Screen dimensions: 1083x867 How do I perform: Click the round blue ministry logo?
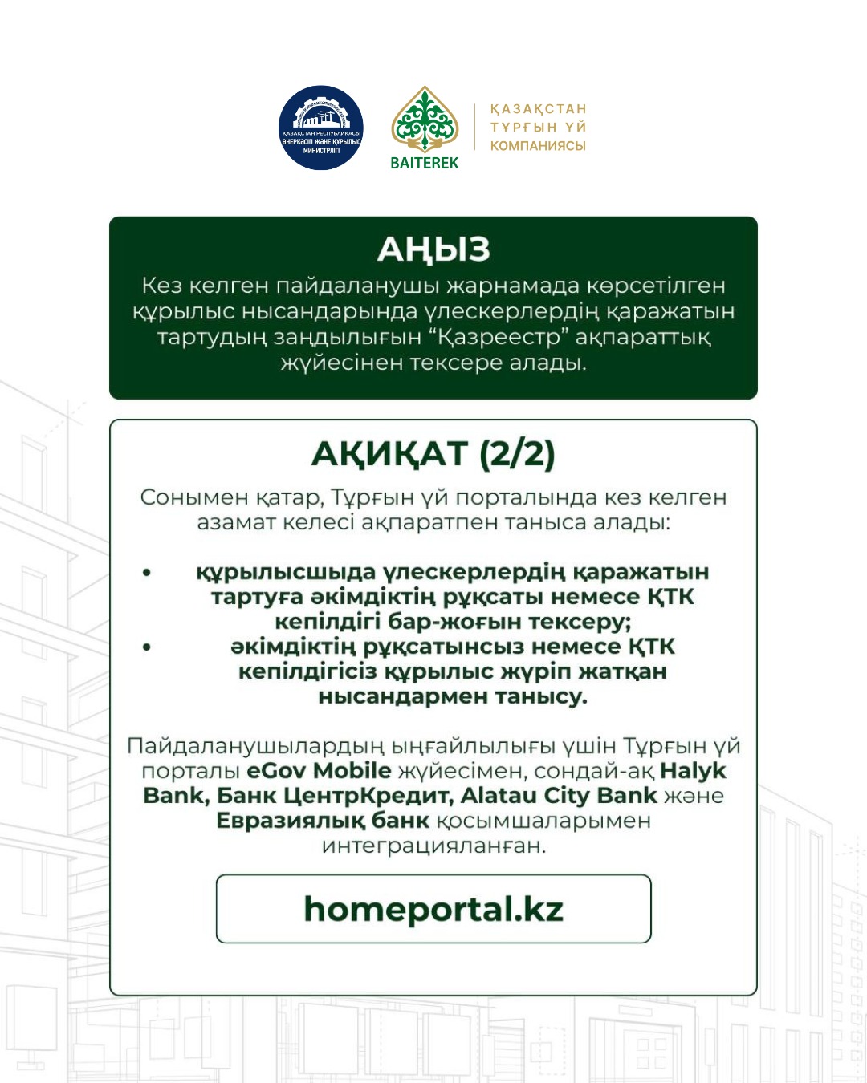[321, 128]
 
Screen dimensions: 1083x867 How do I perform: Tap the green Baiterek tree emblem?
[424, 120]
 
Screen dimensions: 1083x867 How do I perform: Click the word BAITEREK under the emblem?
[424, 163]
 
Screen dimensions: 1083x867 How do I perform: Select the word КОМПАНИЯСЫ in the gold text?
[538, 146]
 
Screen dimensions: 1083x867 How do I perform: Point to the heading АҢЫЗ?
[433, 249]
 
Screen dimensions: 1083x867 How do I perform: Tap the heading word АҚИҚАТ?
[389, 454]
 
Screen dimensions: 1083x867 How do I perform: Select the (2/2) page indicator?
[517, 454]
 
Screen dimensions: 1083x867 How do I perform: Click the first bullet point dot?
[146, 573]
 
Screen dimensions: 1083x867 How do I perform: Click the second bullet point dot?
[146, 647]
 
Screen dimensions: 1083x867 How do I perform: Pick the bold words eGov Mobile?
[319, 771]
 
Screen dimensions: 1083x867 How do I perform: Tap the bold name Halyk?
[693, 771]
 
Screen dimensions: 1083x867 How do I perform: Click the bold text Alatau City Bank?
[559, 796]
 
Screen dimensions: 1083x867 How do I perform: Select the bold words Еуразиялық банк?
[323, 821]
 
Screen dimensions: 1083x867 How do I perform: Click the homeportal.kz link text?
[433, 909]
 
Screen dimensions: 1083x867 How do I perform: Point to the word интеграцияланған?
[433, 846]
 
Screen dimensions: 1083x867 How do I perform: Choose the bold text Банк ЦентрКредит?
[333, 796]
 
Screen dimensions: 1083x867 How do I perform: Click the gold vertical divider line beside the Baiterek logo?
[474, 127]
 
